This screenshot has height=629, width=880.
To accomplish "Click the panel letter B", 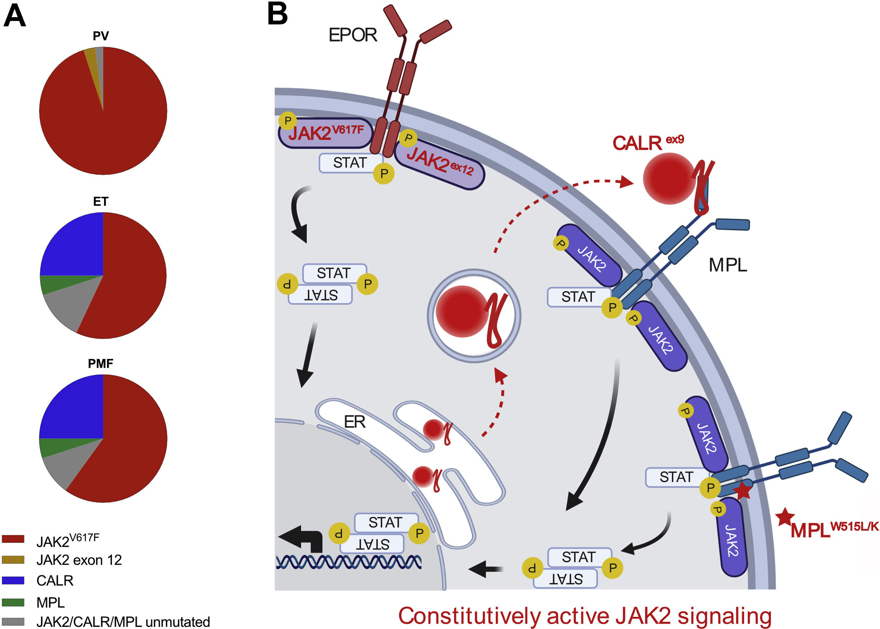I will pyautogui.click(x=277, y=15).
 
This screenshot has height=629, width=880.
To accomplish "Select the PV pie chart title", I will pyautogui.click(x=101, y=36).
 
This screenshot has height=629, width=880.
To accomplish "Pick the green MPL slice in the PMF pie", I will pyautogui.click(x=52, y=447).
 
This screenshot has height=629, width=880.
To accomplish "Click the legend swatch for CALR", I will pyautogui.click(x=13, y=580).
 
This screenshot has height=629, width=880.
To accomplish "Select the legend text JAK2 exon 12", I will pyautogui.click(x=79, y=560).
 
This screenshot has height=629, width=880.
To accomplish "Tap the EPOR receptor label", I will pyautogui.click(x=352, y=35).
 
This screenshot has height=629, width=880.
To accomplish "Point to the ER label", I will pyautogui.click(x=354, y=422).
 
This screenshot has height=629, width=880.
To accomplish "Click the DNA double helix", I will pyautogui.click(x=348, y=561).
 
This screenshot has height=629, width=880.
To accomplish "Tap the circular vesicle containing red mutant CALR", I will pyautogui.click(x=474, y=316).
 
